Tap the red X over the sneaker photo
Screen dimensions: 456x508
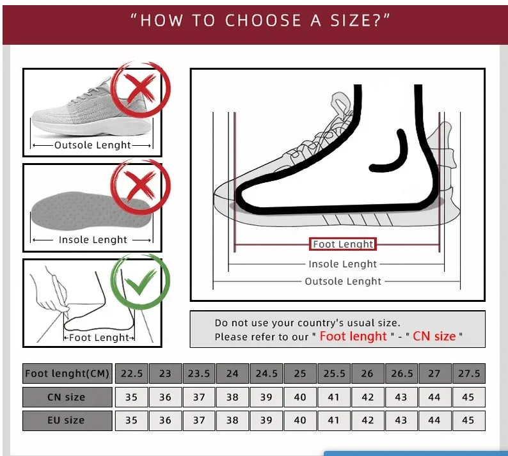(141, 90)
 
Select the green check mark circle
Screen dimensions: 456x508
(141, 281)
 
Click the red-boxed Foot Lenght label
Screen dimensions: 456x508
(343, 244)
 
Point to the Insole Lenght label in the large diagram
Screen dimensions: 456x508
(343, 264)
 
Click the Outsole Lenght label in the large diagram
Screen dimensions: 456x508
(343, 281)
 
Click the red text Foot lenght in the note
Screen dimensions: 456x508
(353, 336)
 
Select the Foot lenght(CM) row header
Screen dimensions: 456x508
(67, 373)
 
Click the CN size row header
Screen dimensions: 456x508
(67, 397)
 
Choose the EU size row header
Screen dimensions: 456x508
(67, 420)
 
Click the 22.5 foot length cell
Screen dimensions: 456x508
(132, 373)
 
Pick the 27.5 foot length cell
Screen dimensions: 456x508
(468, 373)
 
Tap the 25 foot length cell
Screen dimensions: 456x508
(300, 373)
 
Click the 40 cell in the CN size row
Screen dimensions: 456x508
(300, 397)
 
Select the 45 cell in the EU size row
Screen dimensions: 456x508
(468, 420)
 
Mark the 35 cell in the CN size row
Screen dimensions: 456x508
(132, 397)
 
